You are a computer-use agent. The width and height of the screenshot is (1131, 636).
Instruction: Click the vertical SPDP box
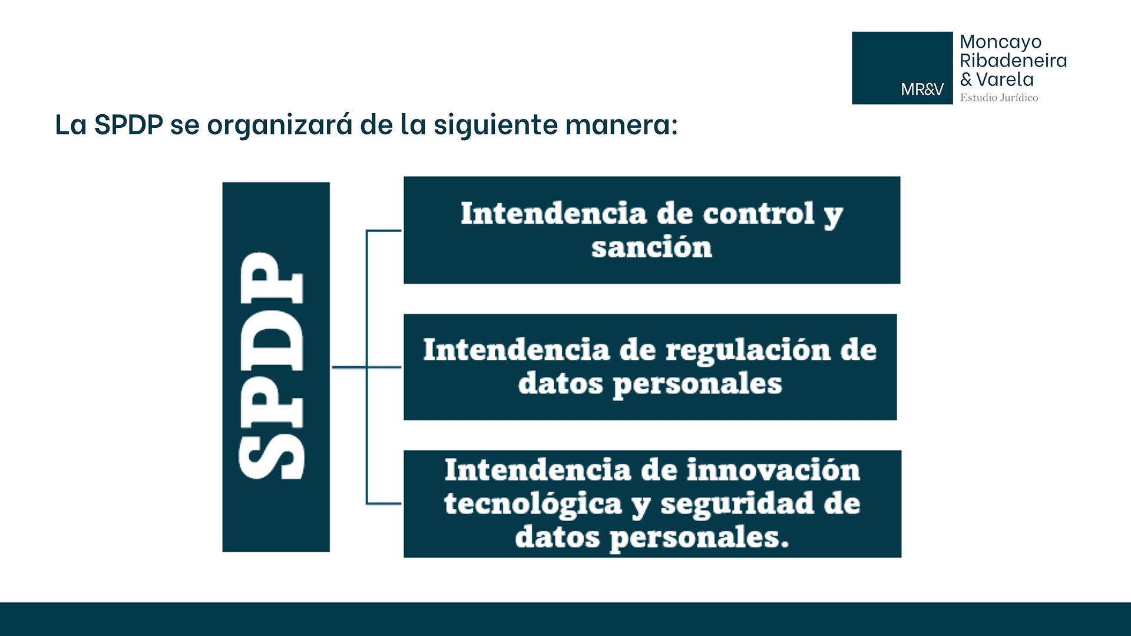tap(276, 367)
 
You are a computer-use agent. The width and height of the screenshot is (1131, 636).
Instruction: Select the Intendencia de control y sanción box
tap(652, 230)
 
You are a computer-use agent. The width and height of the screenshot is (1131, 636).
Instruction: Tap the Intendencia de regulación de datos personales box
tap(650, 367)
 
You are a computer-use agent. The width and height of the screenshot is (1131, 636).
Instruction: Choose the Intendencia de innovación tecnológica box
tap(652, 503)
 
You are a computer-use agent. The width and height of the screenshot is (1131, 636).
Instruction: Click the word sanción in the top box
tap(652, 247)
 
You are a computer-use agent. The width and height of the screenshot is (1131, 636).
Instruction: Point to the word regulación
tap(748, 352)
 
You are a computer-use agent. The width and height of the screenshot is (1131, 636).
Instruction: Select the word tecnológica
tap(533, 505)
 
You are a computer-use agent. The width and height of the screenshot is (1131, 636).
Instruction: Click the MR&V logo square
tap(902, 68)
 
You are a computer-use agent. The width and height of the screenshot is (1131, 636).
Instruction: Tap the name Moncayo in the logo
tap(1000, 42)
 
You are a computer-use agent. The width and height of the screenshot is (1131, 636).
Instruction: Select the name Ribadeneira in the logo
tap(1013, 60)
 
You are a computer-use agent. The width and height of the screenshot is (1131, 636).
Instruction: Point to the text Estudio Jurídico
tap(999, 98)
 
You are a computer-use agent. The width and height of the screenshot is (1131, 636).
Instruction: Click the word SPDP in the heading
tap(128, 125)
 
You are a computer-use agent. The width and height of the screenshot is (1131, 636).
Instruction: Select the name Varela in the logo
tap(1005, 79)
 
